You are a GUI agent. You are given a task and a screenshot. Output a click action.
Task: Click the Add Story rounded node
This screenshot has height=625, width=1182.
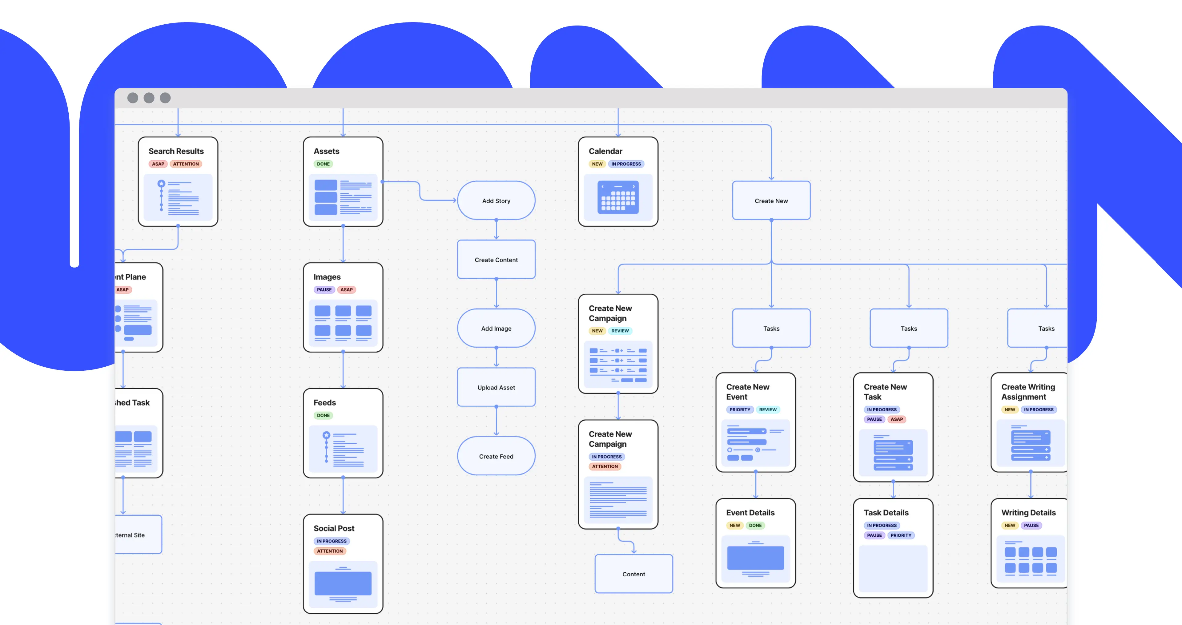point(496,200)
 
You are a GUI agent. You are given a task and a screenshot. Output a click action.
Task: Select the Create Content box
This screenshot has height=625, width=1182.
point(496,260)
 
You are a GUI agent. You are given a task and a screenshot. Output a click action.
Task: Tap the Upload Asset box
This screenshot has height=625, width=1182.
point(496,387)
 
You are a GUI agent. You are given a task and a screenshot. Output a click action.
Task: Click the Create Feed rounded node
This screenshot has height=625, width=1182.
point(496,456)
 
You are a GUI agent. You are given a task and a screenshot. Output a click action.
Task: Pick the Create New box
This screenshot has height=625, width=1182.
point(771,200)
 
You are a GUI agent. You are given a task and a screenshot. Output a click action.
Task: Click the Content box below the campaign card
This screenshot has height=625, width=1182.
point(633,574)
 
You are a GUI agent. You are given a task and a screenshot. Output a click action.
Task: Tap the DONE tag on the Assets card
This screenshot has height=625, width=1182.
point(323,164)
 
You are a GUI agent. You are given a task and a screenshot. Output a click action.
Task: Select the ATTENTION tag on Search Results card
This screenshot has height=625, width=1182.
point(186,164)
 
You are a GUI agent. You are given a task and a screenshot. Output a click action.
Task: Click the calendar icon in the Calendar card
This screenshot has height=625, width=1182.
point(617,198)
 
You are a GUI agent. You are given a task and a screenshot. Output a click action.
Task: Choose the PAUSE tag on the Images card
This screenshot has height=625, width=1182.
point(324,289)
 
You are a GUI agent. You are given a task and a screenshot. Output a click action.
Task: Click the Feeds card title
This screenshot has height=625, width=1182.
point(324,402)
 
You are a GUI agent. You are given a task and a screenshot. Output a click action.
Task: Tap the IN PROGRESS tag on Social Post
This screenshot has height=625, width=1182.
point(331,541)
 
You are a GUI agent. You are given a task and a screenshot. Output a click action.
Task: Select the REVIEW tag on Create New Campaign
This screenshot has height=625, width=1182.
point(620,330)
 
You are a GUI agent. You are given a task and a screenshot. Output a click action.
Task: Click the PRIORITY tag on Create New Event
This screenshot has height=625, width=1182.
point(740,409)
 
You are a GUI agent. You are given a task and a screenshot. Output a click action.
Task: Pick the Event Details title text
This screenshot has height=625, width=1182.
point(750,513)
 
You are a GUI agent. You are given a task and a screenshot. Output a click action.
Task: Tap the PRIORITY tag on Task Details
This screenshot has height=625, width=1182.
point(901,535)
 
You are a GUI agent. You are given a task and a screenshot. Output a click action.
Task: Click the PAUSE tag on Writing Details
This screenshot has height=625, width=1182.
point(1031,526)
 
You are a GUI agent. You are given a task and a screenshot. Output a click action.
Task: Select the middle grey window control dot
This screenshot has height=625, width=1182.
point(149,98)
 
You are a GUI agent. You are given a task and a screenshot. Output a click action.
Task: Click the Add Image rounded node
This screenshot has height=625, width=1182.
point(496,329)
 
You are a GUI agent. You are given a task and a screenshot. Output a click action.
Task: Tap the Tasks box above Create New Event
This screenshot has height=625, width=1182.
point(771,329)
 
